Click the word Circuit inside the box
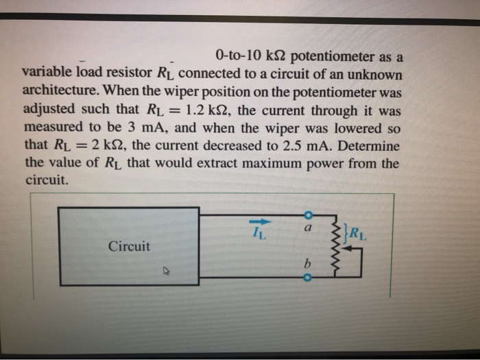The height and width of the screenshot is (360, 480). coord(128,245)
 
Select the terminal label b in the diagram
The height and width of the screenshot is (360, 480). coord(308,263)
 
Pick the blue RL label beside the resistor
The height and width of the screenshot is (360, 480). coord(359,230)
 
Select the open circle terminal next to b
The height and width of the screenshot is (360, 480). coord(307,278)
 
